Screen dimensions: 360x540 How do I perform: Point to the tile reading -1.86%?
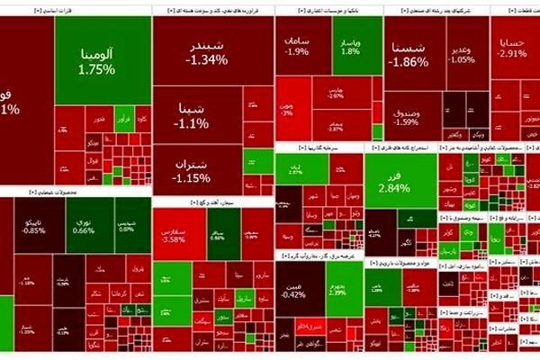pyautogui.click(x=409, y=56)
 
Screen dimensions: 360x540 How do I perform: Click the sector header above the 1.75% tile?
pyautogui.click(x=76, y=10)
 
